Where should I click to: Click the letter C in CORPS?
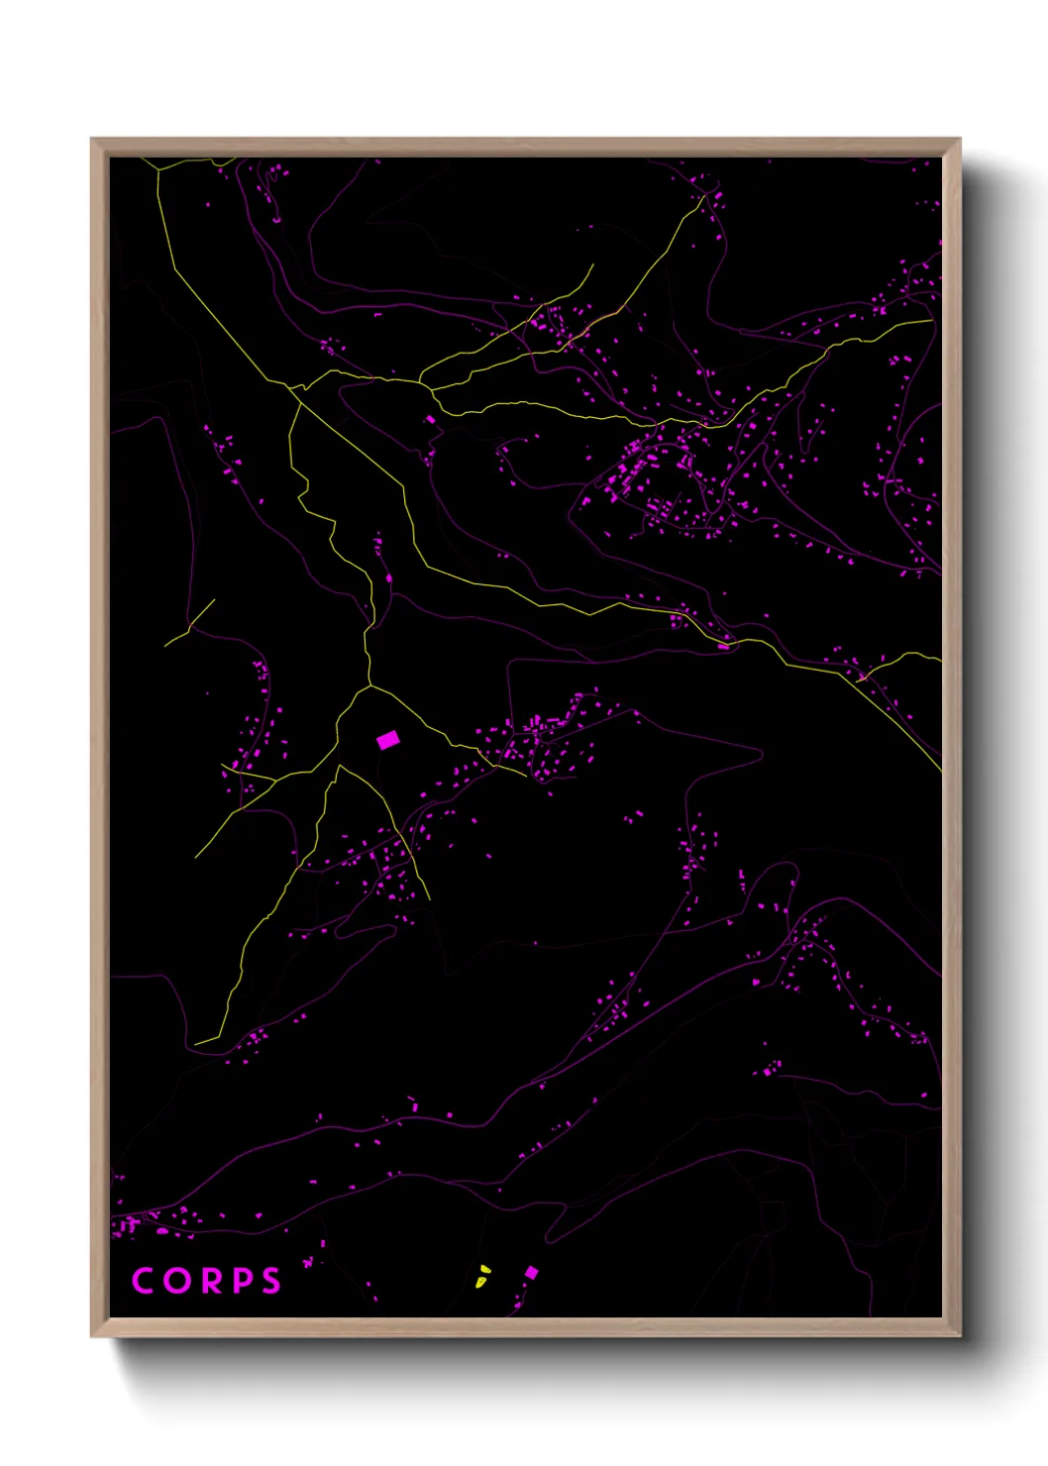[143, 1281]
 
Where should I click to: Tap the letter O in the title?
[177, 1281]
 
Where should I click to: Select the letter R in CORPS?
[210, 1281]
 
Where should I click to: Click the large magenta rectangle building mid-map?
[387, 740]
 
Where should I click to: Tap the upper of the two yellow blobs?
[483, 1268]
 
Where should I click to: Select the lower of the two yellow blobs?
[480, 1282]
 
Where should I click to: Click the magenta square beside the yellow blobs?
[531, 1272]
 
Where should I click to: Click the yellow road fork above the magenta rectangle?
[369, 684]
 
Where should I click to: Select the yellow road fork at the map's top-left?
[158, 171]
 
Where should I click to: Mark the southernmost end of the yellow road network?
[196, 1043]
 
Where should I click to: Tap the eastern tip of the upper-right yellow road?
[931, 320]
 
